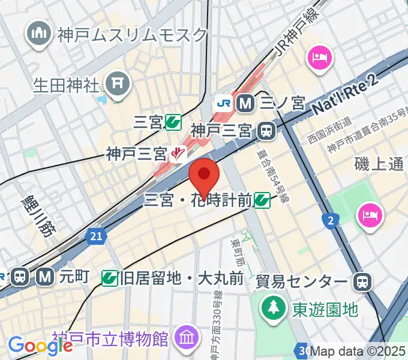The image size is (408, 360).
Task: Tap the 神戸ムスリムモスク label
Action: (132, 35)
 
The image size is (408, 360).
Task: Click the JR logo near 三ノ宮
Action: (223, 103)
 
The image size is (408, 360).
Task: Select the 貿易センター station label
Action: (301, 281)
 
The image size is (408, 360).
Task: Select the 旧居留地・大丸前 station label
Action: (181, 278)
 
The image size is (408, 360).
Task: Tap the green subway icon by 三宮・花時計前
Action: (261, 200)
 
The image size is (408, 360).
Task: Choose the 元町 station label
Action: (74, 277)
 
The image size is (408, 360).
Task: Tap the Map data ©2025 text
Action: (358, 352)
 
